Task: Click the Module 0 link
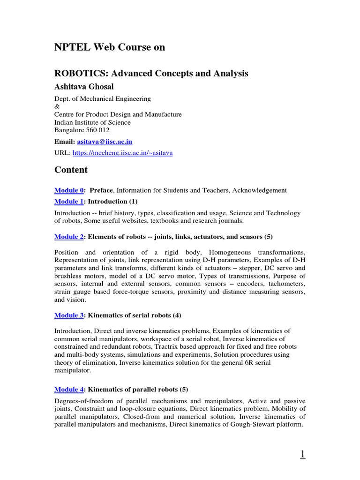[x=69, y=190]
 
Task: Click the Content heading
[x=71, y=170]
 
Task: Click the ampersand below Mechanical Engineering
[x=57, y=106]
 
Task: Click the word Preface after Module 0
[x=101, y=190]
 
